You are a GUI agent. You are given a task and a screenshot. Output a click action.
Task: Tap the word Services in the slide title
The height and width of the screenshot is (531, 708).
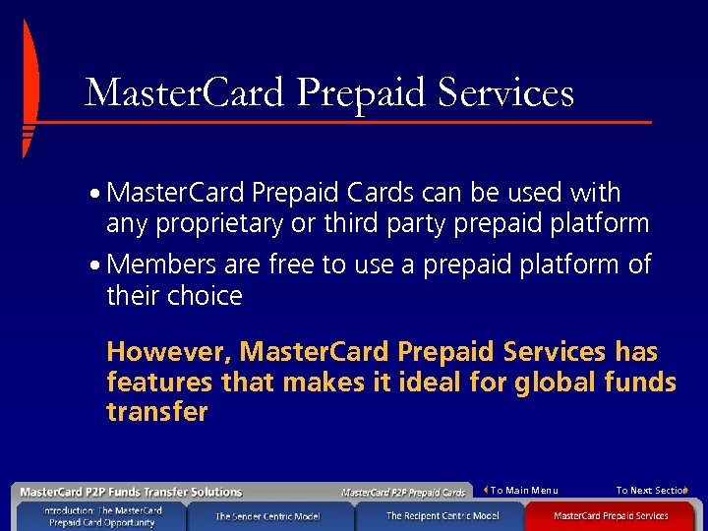504,92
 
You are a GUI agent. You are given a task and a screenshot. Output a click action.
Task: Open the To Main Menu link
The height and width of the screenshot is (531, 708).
523,491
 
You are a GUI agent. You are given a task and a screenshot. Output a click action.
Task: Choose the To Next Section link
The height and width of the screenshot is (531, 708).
651,491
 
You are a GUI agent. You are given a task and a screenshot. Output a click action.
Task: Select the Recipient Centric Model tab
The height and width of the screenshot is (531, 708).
442,516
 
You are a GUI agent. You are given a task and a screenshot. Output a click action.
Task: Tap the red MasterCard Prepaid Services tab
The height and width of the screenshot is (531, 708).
611,516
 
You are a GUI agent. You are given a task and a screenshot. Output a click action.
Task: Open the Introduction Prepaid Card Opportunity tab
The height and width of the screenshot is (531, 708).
102,516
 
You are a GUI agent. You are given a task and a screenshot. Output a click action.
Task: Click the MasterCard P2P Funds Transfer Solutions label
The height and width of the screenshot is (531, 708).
131,492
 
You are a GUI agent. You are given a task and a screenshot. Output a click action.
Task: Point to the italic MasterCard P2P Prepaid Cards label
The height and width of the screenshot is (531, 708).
403,492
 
